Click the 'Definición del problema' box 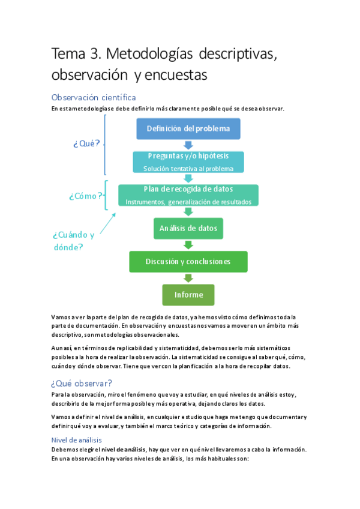coord(188,129)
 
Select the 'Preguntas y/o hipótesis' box coord(188,161)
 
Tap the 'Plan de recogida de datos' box coord(188,195)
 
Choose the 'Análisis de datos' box coord(188,228)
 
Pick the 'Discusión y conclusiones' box coord(188,262)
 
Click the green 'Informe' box coord(188,295)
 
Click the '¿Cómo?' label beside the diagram coord(85,196)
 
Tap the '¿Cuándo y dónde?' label coord(73,240)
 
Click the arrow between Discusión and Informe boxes coord(188,278)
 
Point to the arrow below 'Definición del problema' coord(188,145)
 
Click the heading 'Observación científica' coord(94,97)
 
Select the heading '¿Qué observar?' coord(82,382)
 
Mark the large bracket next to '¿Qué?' coord(106,144)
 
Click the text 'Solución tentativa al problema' coord(188,169)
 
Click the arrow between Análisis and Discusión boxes coord(188,245)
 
